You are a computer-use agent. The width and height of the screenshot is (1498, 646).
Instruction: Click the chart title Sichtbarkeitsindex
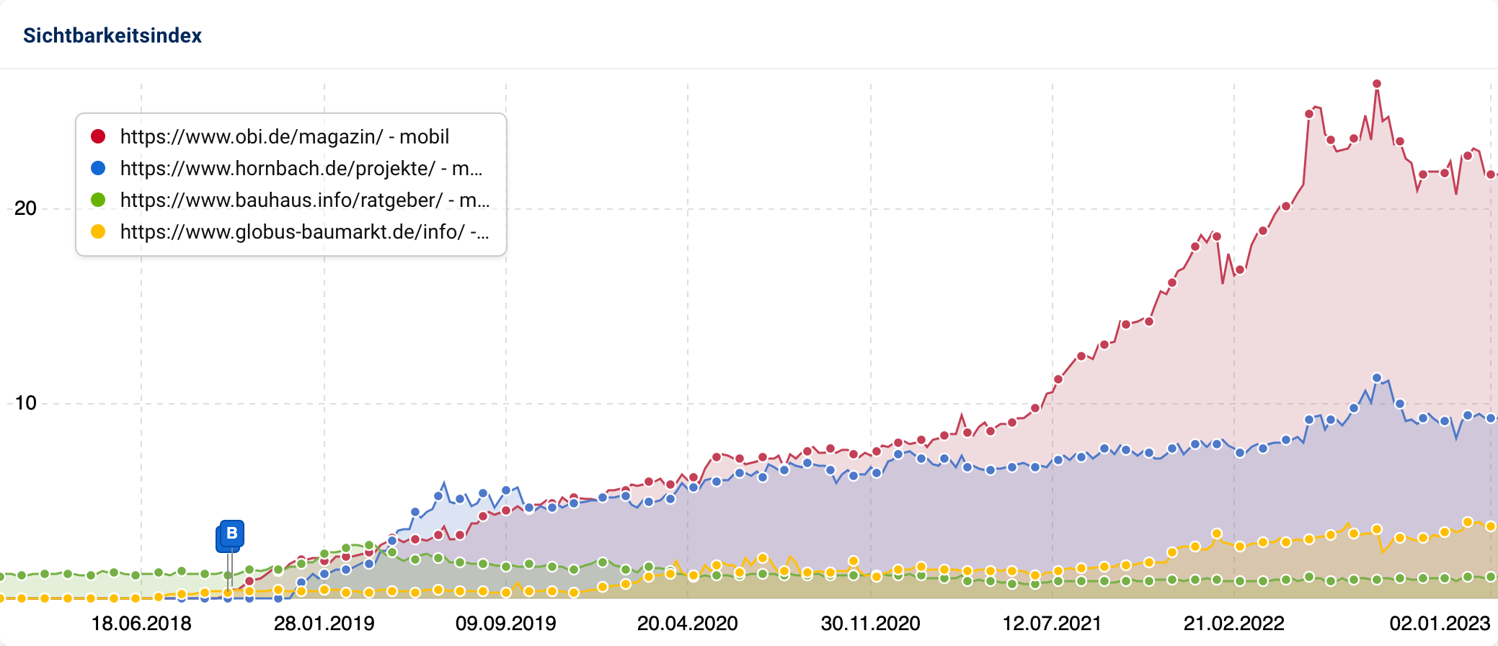point(112,35)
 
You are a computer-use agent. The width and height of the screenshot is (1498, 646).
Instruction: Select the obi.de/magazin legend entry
point(284,136)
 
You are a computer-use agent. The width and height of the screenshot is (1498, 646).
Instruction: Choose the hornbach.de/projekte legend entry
point(301,168)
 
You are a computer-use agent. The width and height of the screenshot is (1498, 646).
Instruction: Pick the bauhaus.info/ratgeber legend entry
point(304,200)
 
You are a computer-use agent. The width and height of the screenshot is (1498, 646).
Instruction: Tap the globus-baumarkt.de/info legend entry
point(304,231)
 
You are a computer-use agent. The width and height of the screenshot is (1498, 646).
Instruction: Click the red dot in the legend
point(98,136)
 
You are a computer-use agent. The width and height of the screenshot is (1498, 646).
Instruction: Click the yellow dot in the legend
point(98,231)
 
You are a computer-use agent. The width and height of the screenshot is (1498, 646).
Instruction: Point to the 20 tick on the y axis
point(25,208)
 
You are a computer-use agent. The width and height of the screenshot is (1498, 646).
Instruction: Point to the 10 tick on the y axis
point(25,403)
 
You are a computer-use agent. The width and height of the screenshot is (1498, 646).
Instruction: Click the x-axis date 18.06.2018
point(141,623)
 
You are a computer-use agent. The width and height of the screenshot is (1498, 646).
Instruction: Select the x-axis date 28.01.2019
point(324,623)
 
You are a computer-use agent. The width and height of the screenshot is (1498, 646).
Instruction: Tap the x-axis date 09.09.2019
point(505,623)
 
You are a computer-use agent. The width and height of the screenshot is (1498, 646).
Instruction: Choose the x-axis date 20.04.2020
point(687,623)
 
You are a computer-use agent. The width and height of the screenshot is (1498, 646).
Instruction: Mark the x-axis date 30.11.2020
point(870,623)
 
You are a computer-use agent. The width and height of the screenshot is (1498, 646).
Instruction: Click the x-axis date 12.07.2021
point(1052,623)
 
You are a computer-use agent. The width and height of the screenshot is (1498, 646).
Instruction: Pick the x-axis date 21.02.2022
point(1233,623)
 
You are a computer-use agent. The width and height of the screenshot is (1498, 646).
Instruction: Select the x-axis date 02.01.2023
point(1440,623)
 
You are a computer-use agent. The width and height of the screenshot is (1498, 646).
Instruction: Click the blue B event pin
point(231,534)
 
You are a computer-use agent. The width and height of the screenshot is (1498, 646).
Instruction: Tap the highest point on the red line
point(1377,84)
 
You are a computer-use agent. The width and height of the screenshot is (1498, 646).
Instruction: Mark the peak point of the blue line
point(1377,378)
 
